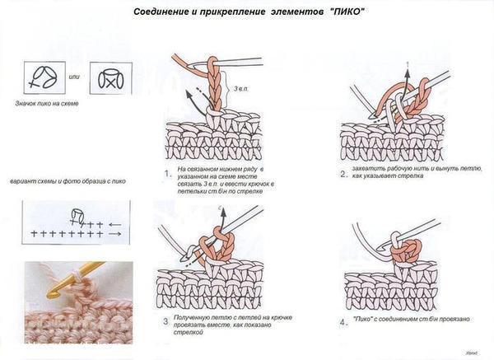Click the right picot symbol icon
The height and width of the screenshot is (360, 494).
[108, 78]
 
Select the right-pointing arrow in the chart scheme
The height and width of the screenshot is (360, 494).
[114, 235]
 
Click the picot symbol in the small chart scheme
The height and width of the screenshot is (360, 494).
[77, 216]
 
